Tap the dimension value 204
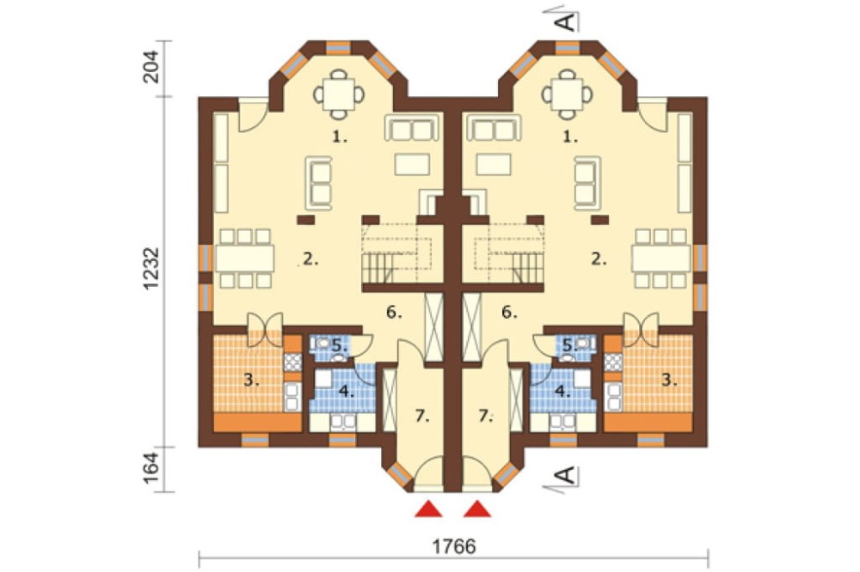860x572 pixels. (150, 66)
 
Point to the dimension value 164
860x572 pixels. (150, 466)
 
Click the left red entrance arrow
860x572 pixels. (428, 508)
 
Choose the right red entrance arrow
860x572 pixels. (477, 508)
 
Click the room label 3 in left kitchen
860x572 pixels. (251, 380)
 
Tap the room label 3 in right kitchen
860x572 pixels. (668, 380)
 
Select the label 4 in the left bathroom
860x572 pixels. (346, 392)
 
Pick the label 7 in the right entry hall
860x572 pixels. (485, 417)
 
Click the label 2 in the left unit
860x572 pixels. (310, 259)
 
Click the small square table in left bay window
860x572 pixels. (339, 94)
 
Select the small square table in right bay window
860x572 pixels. (568, 94)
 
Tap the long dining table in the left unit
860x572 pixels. (244, 259)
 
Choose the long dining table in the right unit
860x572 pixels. (661, 259)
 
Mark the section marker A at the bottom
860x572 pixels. (567, 476)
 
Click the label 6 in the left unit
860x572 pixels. (394, 313)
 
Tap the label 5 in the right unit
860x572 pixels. (570, 346)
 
